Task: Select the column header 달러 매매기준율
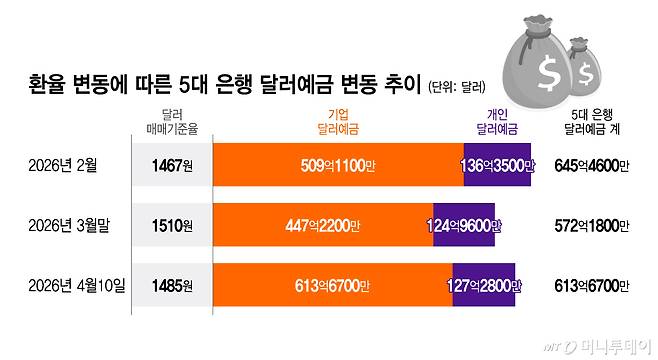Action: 171,121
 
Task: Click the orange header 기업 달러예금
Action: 337,121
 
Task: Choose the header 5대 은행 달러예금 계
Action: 591,121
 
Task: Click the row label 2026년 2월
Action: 62,164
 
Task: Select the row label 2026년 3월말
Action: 67,226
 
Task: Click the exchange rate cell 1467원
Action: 171,164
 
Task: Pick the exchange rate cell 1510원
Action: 171,226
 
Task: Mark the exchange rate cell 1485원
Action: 171,287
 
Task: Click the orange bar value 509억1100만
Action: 338,164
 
